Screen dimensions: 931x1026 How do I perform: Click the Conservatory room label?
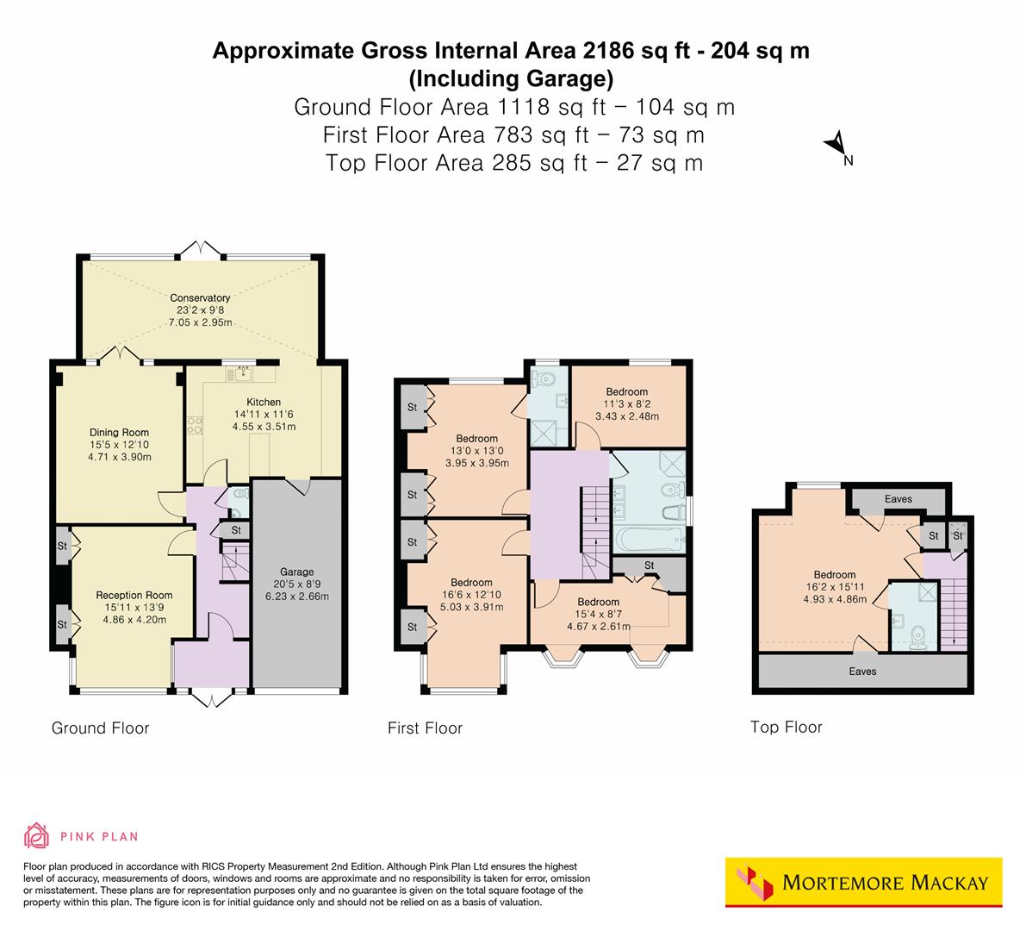click(x=200, y=298)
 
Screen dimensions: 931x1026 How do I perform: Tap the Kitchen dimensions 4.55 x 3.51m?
click(x=264, y=427)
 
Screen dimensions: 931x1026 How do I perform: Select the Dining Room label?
click(x=119, y=433)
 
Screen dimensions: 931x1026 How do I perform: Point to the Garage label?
click(x=296, y=572)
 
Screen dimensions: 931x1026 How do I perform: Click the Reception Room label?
click(x=134, y=595)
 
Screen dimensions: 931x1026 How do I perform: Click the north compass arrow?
click(x=835, y=145)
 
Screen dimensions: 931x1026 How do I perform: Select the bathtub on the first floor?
click(x=650, y=540)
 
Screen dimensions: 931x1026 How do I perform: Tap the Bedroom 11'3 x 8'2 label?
click(x=626, y=391)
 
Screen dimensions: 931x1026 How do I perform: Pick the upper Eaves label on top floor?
click(x=899, y=499)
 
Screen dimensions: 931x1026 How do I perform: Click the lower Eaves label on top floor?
click(x=862, y=671)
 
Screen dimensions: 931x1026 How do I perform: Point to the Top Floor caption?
click(x=786, y=727)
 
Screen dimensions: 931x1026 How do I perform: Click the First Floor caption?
click(x=425, y=728)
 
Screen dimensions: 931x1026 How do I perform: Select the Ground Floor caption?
click(x=100, y=728)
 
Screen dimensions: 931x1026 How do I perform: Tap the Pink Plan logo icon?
click(x=36, y=835)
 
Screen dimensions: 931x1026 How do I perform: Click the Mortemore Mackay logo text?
click(x=885, y=883)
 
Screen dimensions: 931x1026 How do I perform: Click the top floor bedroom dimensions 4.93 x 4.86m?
click(x=834, y=599)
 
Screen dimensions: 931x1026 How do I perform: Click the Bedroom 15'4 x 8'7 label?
click(x=598, y=602)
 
